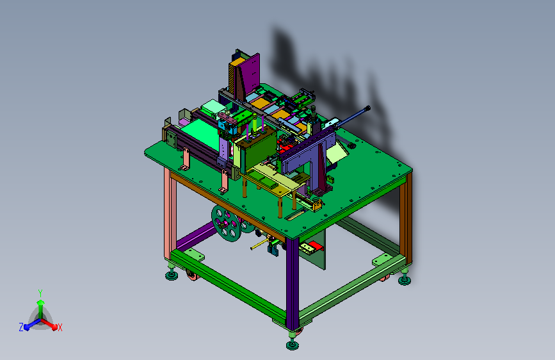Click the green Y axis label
pos(40,293)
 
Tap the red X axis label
pos(60,327)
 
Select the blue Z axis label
pos(21,327)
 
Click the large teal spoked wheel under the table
pos(227,223)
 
